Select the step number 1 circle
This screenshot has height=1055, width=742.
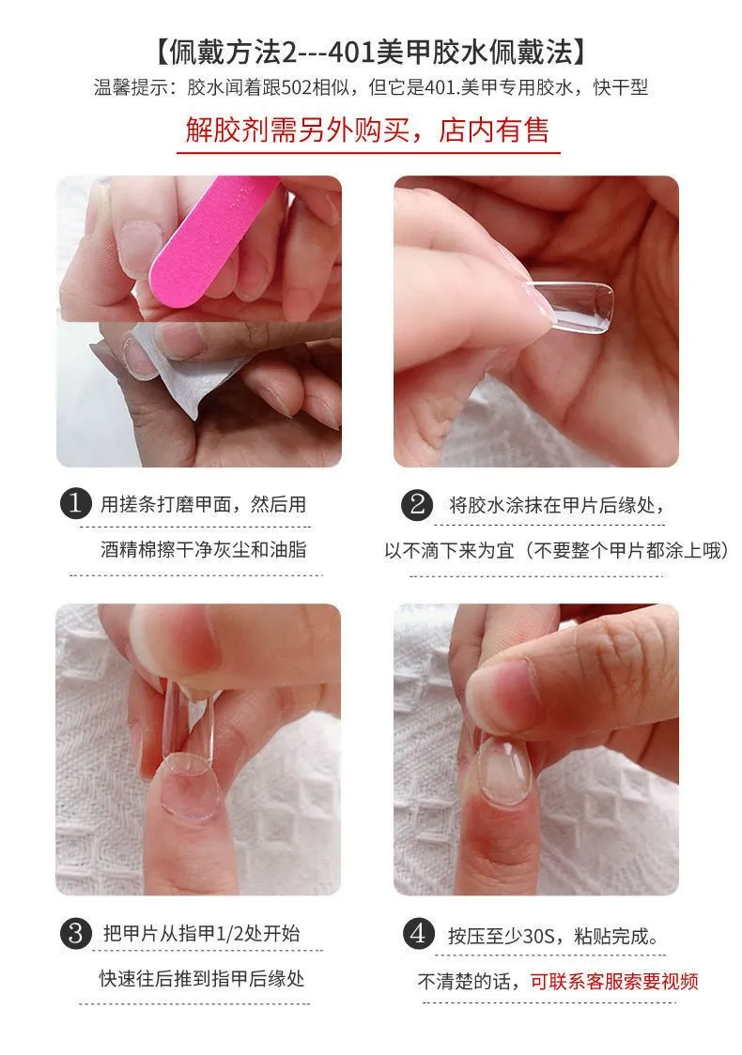point(75,504)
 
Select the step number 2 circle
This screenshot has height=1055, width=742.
point(417,505)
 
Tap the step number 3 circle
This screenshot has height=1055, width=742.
point(75,934)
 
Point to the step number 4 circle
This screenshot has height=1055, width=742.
point(418,934)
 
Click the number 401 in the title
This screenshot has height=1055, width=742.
point(352,53)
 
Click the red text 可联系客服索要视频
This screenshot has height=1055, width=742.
point(614,982)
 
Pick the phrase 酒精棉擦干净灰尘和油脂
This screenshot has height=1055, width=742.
point(203,550)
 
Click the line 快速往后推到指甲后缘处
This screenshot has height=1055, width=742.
point(202,978)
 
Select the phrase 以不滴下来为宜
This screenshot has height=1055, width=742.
point(449,550)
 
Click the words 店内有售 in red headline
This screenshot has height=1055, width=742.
point(494,130)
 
